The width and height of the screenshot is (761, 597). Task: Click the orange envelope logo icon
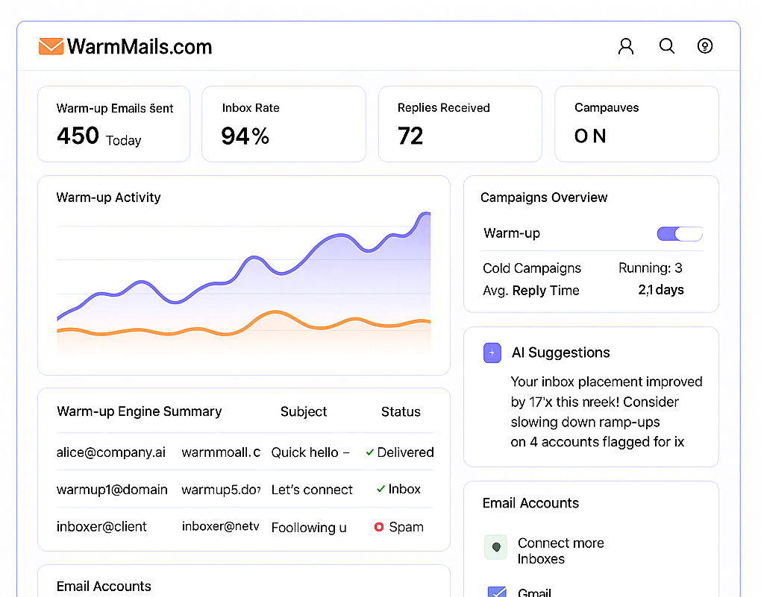coord(51,46)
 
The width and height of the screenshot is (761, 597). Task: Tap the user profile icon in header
coord(626,46)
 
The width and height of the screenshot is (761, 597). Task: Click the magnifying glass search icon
coord(667,46)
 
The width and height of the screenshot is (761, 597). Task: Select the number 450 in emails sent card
coord(78,136)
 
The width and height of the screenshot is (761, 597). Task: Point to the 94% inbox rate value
coord(245,136)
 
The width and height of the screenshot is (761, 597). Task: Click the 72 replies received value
coord(410,136)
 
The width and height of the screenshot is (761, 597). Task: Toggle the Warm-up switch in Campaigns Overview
coord(680,234)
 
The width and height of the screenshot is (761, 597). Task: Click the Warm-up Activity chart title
coord(108,198)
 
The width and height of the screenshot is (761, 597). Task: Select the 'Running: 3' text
coord(650,268)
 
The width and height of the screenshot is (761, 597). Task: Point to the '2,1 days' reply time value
coord(660,290)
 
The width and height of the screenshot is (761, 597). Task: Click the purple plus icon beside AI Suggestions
coord(492,353)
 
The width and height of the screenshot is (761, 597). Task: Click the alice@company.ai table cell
coord(111,452)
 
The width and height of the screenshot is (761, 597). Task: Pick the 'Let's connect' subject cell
coord(312,490)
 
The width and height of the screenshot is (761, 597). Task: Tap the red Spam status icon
coord(379,527)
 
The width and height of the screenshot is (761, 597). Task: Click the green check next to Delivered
coord(370,452)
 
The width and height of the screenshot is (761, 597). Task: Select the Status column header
coord(401,411)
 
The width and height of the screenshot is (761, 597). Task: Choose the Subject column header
coord(304,411)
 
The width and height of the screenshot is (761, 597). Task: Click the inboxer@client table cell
coord(101,527)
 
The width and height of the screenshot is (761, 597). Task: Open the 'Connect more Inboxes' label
coord(560,551)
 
